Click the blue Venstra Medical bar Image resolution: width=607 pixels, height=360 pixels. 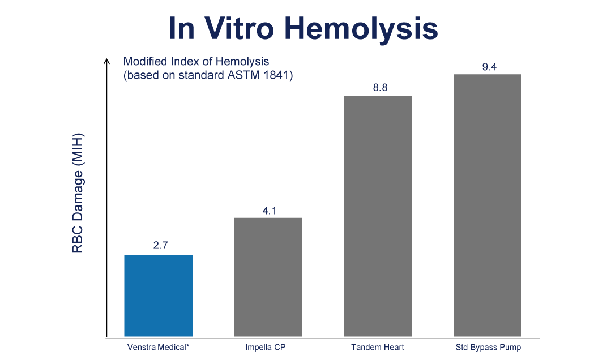tap(158, 295)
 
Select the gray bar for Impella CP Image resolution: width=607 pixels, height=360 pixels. tap(268, 277)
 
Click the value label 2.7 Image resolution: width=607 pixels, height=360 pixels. tap(158, 246)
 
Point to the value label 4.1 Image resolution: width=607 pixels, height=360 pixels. tap(268, 209)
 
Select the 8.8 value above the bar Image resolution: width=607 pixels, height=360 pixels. tap(378, 88)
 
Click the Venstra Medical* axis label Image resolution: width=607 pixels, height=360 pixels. tap(158, 347)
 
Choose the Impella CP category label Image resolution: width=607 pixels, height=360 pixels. tap(268, 347)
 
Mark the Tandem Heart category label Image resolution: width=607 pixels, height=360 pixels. tap(378, 347)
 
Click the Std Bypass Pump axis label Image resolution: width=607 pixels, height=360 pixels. tap(488, 347)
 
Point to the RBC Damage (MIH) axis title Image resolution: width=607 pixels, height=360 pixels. tap(78, 193)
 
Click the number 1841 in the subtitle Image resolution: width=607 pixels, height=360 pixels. tap(279, 75)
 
